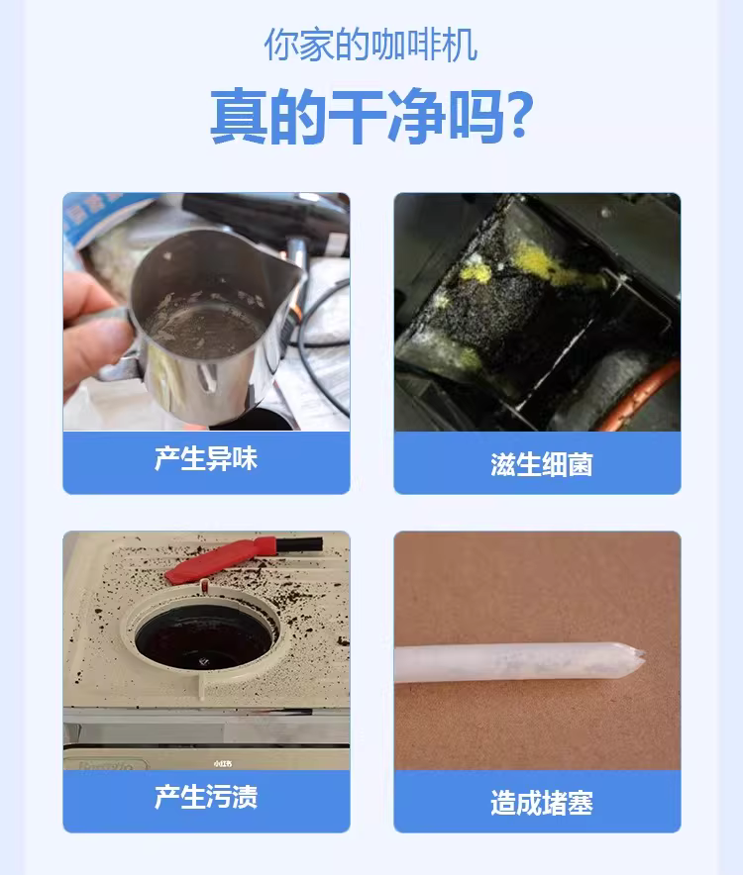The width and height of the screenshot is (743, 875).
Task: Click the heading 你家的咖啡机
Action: pos(371,46)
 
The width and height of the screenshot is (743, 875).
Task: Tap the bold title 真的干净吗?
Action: pos(371,117)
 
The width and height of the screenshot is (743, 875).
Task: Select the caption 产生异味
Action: pos(206,459)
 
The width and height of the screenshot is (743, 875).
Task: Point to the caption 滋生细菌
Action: pos(541,464)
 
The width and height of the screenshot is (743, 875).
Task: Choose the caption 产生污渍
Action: pos(206,797)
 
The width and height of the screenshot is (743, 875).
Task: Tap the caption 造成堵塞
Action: pos(541,803)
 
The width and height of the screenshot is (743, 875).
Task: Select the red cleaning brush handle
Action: pos(221,559)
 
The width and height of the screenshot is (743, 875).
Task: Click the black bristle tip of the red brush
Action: pos(299,544)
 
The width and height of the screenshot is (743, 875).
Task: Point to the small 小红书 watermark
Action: pos(222,763)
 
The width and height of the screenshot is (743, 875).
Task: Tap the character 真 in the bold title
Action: pos(238,117)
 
